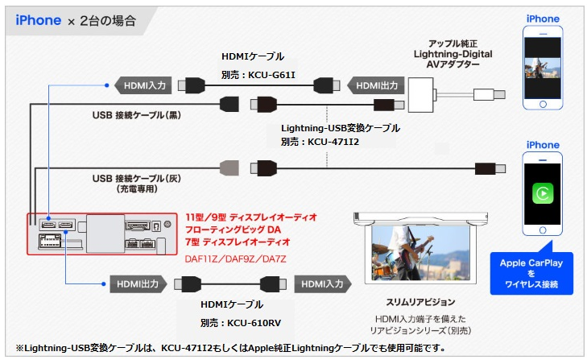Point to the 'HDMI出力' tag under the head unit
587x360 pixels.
coord(136,283)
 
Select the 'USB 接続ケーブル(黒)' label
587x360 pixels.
coord(138,114)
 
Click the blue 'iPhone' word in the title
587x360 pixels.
coord(38,19)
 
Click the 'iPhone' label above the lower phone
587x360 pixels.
coord(543,145)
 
